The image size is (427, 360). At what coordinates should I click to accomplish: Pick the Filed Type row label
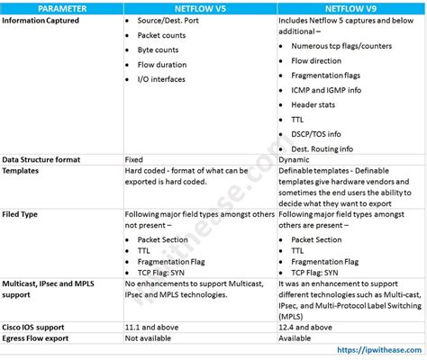[x=23, y=214]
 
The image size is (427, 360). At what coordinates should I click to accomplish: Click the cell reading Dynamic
[x=295, y=158]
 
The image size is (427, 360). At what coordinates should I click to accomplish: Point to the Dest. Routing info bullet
[x=323, y=148]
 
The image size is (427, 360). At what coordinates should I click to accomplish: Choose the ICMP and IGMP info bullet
[x=328, y=89]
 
